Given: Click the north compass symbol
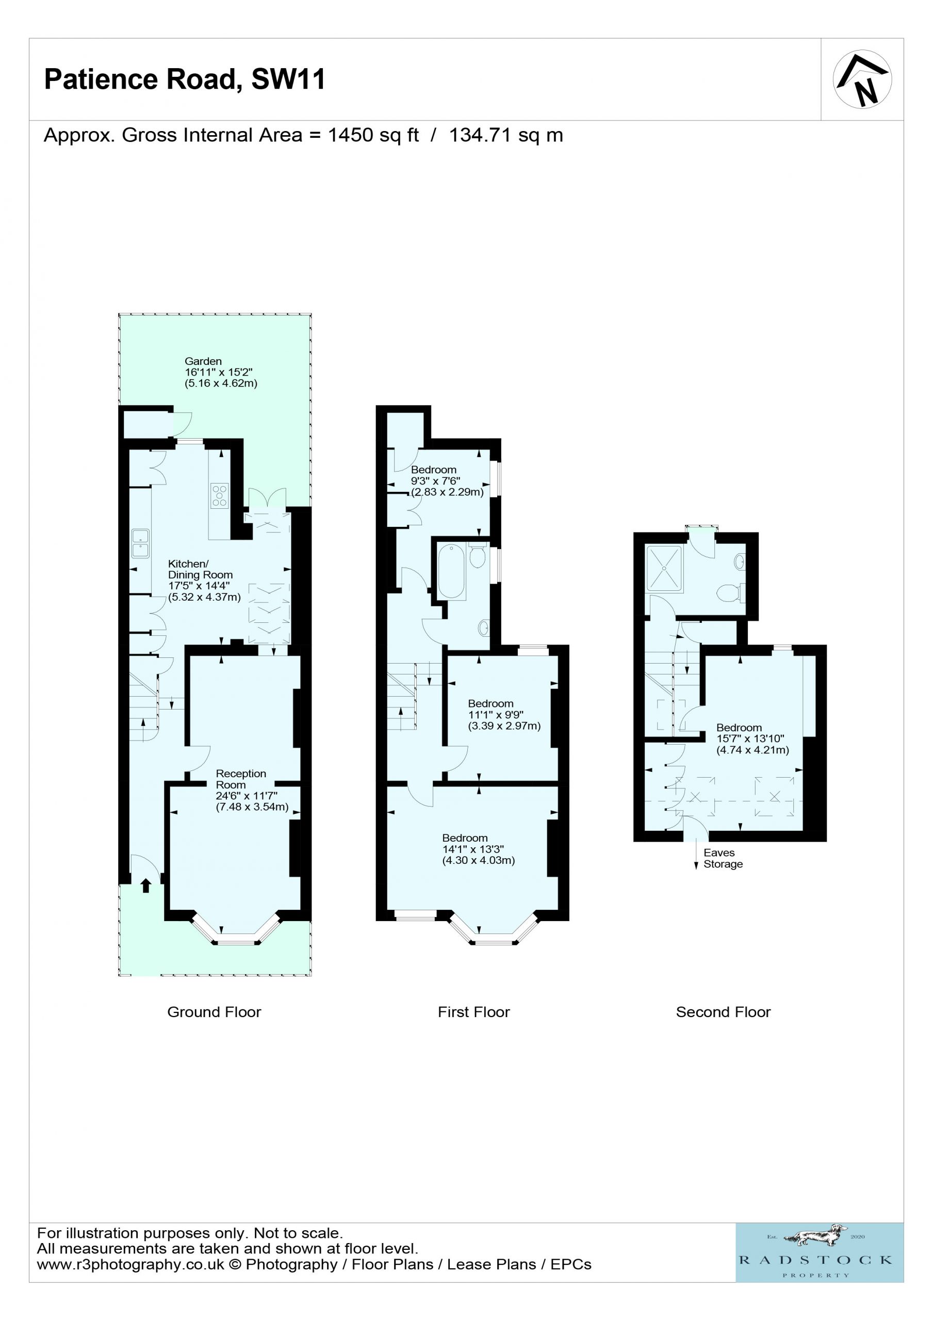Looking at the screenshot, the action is pyautogui.click(x=862, y=79).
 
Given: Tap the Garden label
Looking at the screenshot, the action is pyautogui.click(x=203, y=361).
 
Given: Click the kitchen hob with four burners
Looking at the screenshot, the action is pyautogui.click(x=220, y=495).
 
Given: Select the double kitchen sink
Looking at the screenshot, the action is pyautogui.click(x=140, y=544).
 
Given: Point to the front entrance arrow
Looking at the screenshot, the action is pyautogui.click(x=146, y=885).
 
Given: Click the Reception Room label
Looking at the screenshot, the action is pyautogui.click(x=241, y=779).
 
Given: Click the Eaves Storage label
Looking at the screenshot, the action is pyautogui.click(x=723, y=859).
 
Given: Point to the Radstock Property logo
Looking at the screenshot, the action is pyautogui.click(x=820, y=1253).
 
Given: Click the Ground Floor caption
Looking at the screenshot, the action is pyautogui.click(x=214, y=1012).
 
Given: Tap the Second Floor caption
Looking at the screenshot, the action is pyautogui.click(x=723, y=1012).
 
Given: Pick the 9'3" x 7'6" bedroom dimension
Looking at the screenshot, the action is pyautogui.click(x=435, y=481).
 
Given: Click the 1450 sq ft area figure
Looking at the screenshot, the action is pyautogui.click(x=373, y=135).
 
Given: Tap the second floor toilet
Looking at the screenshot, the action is pyautogui.click(x=732, y=592).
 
